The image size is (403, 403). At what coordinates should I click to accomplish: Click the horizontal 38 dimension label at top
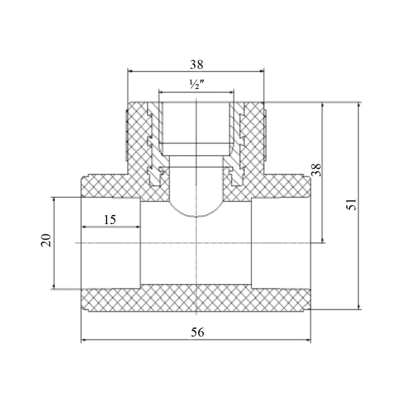(x=196, y=64)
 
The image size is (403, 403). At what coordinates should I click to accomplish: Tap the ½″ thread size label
(x=196, y=84)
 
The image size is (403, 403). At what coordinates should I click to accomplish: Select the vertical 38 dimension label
(x=317, y=170)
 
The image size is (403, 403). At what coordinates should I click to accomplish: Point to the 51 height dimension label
(x=351, y=204)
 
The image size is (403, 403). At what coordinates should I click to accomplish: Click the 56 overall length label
(x=197, y=332)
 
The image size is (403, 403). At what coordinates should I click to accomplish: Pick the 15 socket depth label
(x=110, y=220)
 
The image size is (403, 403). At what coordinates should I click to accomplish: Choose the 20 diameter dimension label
(x=46, y=240)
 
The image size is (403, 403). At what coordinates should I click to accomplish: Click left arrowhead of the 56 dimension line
(x=83, y=341)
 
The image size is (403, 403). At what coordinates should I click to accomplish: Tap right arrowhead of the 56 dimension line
(x=308, y=341)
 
